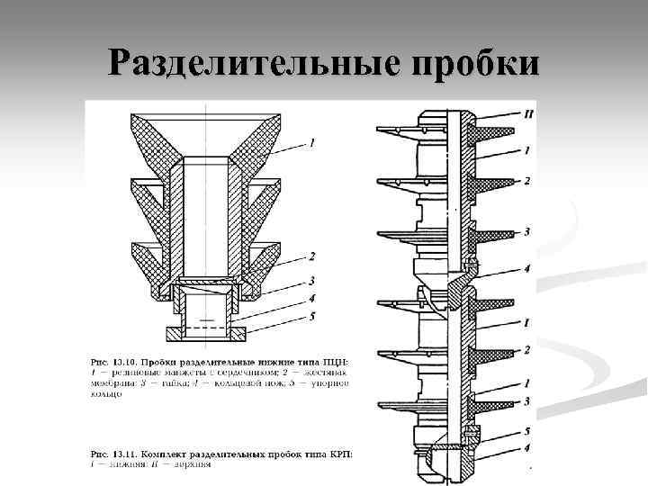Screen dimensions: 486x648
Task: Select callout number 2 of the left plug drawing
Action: (310, 256)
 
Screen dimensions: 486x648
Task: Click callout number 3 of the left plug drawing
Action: (310, 280)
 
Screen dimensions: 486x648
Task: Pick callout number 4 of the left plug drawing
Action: (310, 297)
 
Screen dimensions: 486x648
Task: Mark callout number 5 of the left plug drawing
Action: (310, 315)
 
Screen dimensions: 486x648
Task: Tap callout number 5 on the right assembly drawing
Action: (526, 431)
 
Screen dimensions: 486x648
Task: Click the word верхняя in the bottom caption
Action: (195, 463)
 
